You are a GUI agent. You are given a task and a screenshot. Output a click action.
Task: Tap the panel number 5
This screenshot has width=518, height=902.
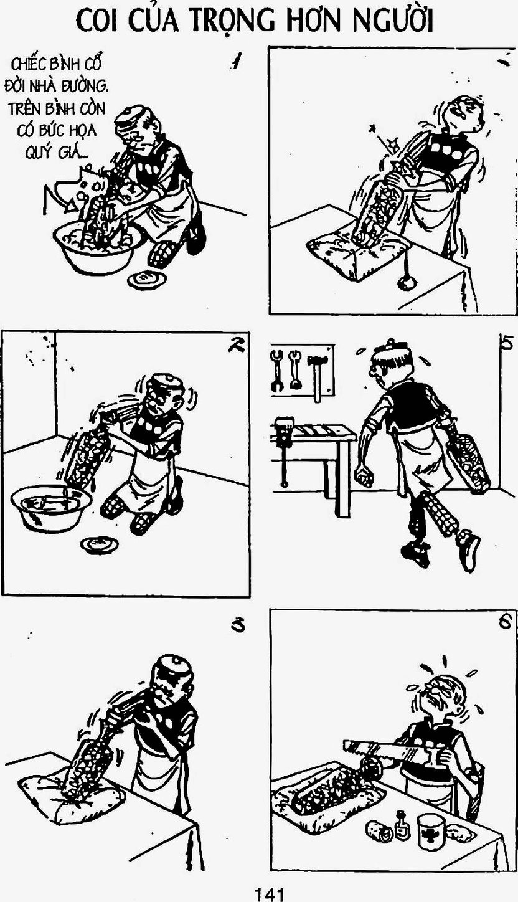point(506,342)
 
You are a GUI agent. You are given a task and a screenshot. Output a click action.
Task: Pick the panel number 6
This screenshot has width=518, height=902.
point(505,622)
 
